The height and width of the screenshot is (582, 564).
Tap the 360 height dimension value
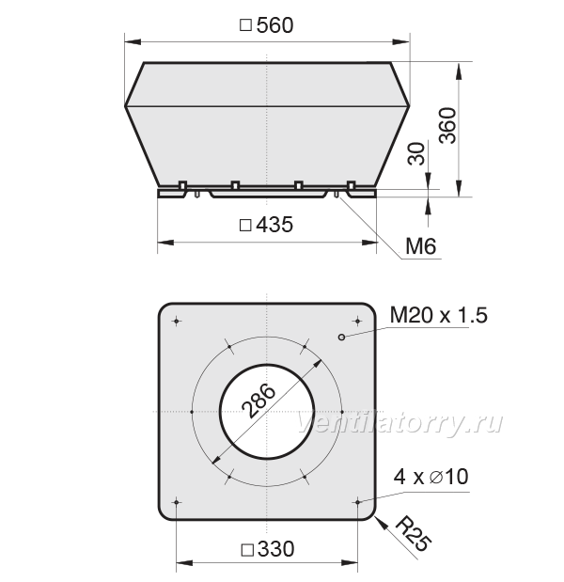(447, 125)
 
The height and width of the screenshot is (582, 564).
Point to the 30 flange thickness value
(416, 153)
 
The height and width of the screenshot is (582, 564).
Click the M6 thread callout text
(421, 245)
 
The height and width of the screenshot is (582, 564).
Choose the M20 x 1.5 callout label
(439, 315)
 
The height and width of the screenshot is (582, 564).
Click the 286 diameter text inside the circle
(258, 401)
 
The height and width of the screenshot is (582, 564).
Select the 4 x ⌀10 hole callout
(431, 476)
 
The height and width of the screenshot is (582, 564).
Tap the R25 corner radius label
(414, 534)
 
